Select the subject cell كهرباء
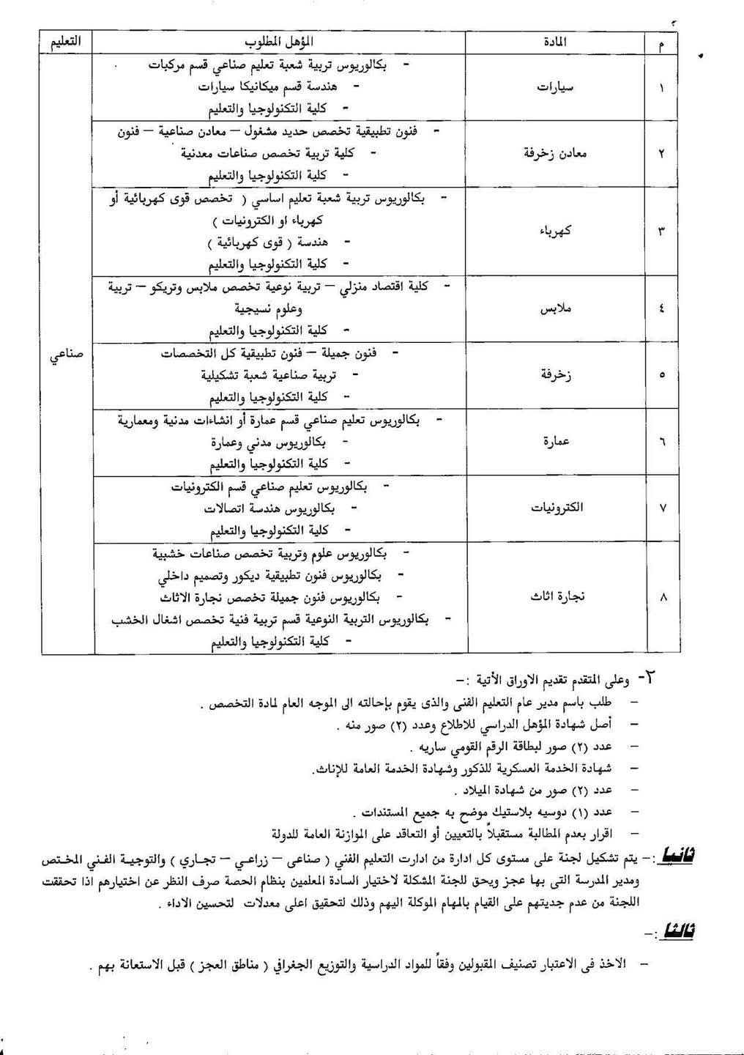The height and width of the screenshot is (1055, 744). (x=555, y=232)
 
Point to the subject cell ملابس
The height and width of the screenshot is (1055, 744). (x=555, y=308)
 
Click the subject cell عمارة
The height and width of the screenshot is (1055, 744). (x=555, y=442)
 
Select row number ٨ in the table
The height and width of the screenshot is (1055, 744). (x=663, y=597)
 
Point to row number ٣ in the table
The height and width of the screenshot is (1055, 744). (x=663, y=232)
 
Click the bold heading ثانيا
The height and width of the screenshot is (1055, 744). (x=677, y=855)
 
